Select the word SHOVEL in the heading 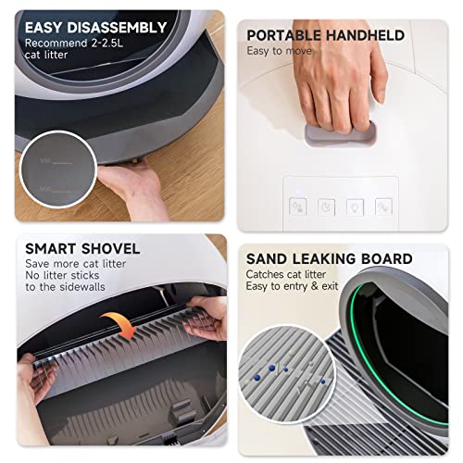(x=108, y=248)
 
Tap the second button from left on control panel (x=327, y=207)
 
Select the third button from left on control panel (x=356, y=207)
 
